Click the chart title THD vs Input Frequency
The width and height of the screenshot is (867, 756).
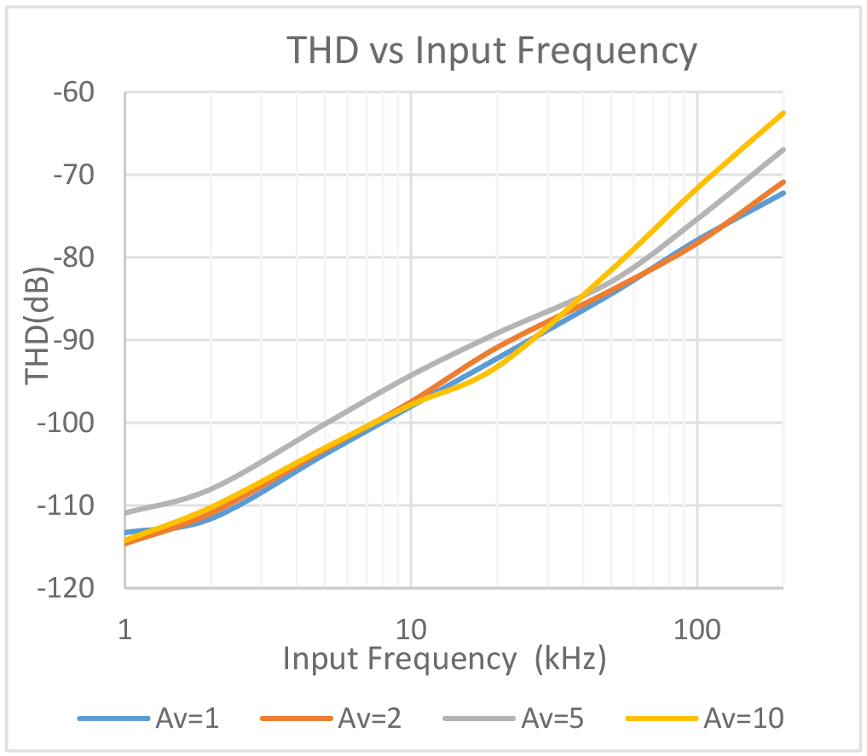(x=492, y=51)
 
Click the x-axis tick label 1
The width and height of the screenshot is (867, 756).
(x=125, y=630)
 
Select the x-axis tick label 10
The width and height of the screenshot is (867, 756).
(x=411, y=630)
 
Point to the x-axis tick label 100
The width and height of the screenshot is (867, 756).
(x=697, y=630)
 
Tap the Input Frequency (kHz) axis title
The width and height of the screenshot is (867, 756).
(x=444, y=659)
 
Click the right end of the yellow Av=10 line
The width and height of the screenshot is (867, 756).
(x=783, y=113)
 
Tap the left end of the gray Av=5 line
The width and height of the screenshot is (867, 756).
(x=125, y=513)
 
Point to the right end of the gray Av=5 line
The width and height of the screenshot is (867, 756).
(x=783, y=149)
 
